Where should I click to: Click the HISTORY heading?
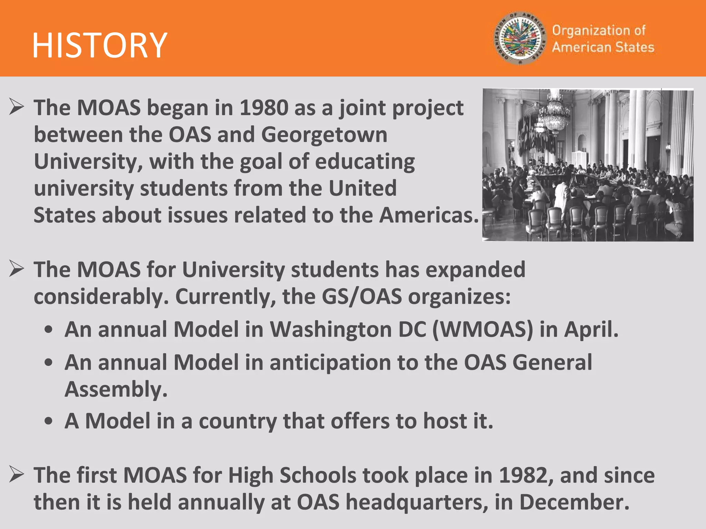pyautogui.click(x=100, y=45)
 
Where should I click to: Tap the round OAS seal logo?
pyautogui.click(x=520, y=38)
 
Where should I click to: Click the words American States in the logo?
pyautogui.click(x=603, y=47)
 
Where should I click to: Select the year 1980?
pyautogui.click(x=264, y=108)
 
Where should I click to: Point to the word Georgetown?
pyautogui.click(x=324, y=135)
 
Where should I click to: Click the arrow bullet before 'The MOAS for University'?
pyautogui.click(x=16, y=269)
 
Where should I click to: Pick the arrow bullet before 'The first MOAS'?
pyautogui.click(x=16, y=474)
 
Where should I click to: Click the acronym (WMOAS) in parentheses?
pyautogui.click(x=483, y=330)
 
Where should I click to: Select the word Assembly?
pyautogui.click(x=115, y=390)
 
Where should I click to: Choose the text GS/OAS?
pyautogui.click(x=362, y=297)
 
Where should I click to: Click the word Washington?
pyautogui.click(x=331, y=330)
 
